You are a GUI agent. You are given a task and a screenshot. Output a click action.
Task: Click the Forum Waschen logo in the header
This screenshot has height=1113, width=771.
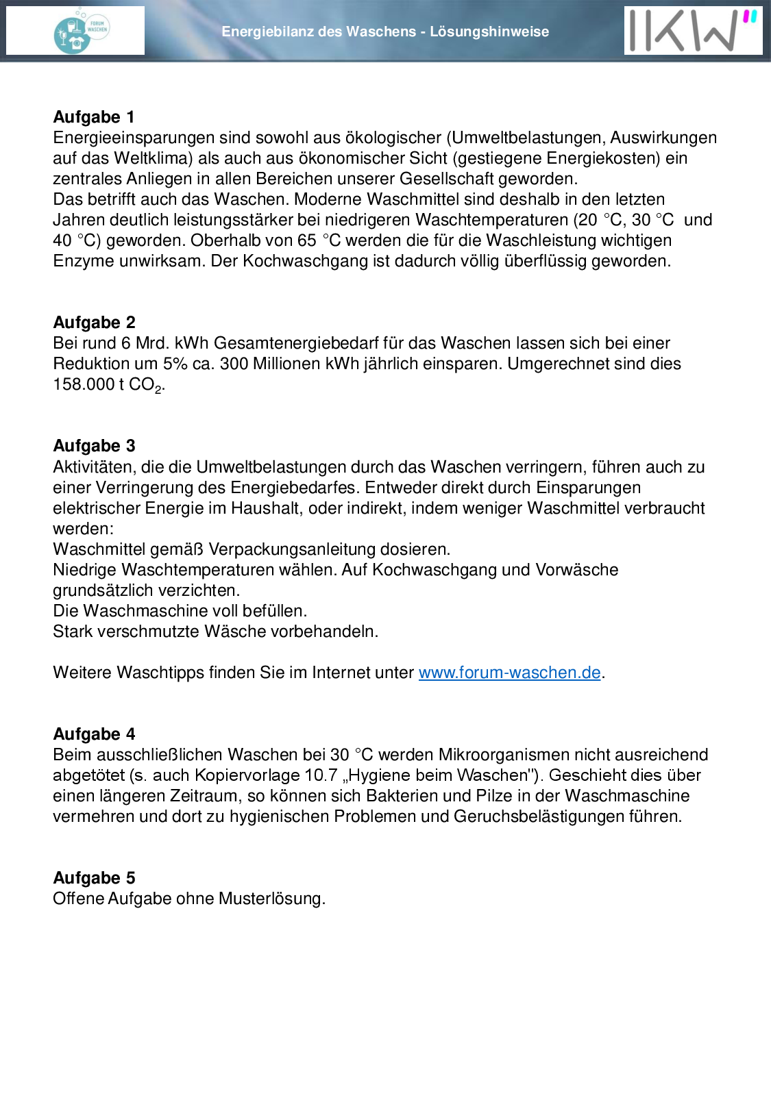[x=81, y=31]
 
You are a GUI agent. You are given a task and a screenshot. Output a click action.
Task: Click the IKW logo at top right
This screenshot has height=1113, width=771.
[x=693, y=31]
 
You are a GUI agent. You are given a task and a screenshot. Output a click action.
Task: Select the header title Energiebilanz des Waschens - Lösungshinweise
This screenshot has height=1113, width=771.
[x=385, y=32]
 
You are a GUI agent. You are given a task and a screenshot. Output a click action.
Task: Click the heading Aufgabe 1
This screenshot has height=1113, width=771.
[x=94, y=117]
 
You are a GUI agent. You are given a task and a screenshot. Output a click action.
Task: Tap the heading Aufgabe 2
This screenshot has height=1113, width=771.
[x=94, y=323]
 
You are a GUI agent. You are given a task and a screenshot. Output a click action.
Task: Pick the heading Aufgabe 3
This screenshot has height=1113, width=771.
[x=94, y=446]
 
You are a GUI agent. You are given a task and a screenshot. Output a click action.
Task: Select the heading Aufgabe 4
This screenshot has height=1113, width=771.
[x=94, y=734]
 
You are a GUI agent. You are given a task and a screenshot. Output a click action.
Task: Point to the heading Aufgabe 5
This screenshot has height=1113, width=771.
[x=94, y=878]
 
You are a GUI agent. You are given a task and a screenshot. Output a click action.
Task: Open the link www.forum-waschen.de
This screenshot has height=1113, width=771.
[x=509, y=673]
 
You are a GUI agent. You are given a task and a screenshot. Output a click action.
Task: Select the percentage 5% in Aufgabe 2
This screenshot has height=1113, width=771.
[x=175, y=364]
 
